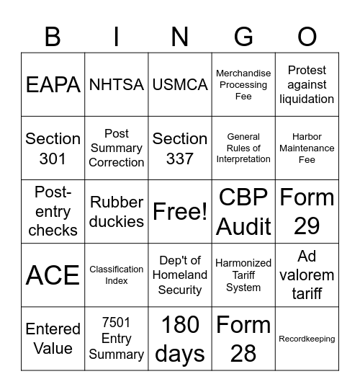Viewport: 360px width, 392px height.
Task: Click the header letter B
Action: pyautogui.click(x=53, y=36)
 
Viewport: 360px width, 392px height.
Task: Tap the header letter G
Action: pyautogui.click(x=243, y=36)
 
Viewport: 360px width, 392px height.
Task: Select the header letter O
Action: pyautogui.click(x=307, y=36)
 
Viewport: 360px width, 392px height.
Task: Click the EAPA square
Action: pyautogui.click(x=53, y=84)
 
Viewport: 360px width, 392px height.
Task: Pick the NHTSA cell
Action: pyautogui.click(x=117, y=84)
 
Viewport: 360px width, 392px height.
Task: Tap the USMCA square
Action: pyautogui.click(x=180, y=84)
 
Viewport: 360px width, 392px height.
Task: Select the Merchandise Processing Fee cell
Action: pyautogui.click(x=243, y=84)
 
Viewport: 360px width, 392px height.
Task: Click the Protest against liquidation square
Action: pyautogui.click(x=307, y=84)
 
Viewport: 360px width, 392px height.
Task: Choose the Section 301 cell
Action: pyautogui.click(x=53, y=148)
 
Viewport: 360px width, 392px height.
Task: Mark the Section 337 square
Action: pyautogui.click(x=180, y=148)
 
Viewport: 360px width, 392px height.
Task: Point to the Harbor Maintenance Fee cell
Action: pyautogui.click(x=307, y=148)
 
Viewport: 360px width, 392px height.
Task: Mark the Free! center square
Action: pyautogui.click(x=180, y=211)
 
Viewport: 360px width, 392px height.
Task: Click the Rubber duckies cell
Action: pyautogui.click(x=117, y=211)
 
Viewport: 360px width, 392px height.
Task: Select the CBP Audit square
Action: pyautogui.click(x=243, y=211)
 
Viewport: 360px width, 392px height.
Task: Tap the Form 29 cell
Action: pyautogui.click(x=307, y=211)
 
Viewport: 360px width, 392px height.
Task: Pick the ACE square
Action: pyautogui.click(x=53, y=275)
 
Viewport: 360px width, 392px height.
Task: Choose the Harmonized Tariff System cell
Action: pyautogui.click(x=243, y=275)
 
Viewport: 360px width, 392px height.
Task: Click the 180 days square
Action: pyautogui.click(x=180, y=339)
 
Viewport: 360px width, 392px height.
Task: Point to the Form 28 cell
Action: pyautogui.click(x=243, y=339)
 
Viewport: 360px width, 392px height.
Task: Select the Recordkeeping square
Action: pyautogui.click(x=307, y=339)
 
